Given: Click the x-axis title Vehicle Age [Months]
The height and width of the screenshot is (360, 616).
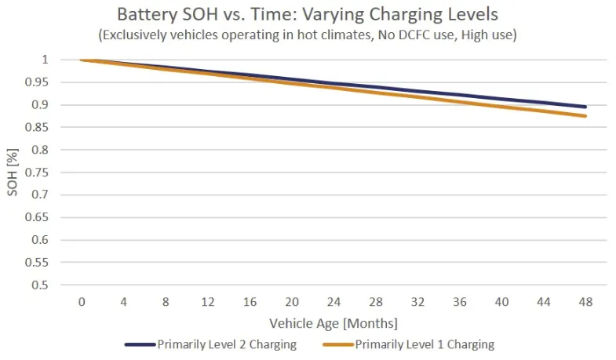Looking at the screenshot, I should coord(334,323).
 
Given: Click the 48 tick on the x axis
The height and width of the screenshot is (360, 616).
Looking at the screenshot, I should coord(585,302).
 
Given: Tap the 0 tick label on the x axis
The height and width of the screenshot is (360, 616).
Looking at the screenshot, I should coord(82,302).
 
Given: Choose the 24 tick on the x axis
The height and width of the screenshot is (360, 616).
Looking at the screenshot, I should coord(334,302).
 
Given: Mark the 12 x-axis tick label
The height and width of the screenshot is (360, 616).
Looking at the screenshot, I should coord(207,302).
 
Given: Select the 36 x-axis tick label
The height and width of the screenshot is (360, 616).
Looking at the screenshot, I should coord(459,302).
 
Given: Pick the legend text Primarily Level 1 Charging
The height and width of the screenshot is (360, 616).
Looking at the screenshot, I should coord(425,344).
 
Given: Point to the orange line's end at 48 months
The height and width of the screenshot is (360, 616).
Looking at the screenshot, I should coord(585,116).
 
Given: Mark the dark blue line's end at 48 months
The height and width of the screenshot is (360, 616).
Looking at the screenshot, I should coord(585,107).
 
